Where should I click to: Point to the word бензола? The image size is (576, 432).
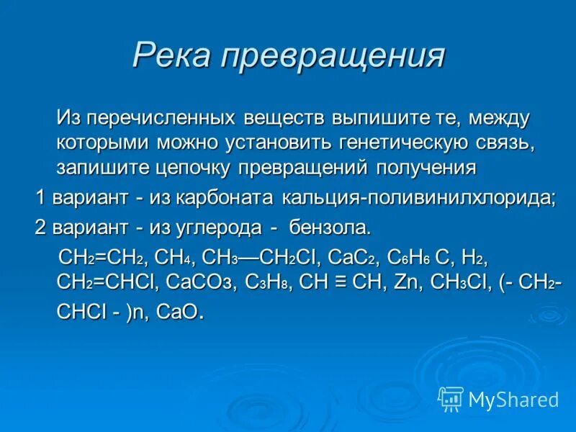click(330, 229)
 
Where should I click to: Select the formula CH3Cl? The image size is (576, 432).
click(458, 282)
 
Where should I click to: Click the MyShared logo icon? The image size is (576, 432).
click(451, 398)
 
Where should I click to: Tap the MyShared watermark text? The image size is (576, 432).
click(513, 399)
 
